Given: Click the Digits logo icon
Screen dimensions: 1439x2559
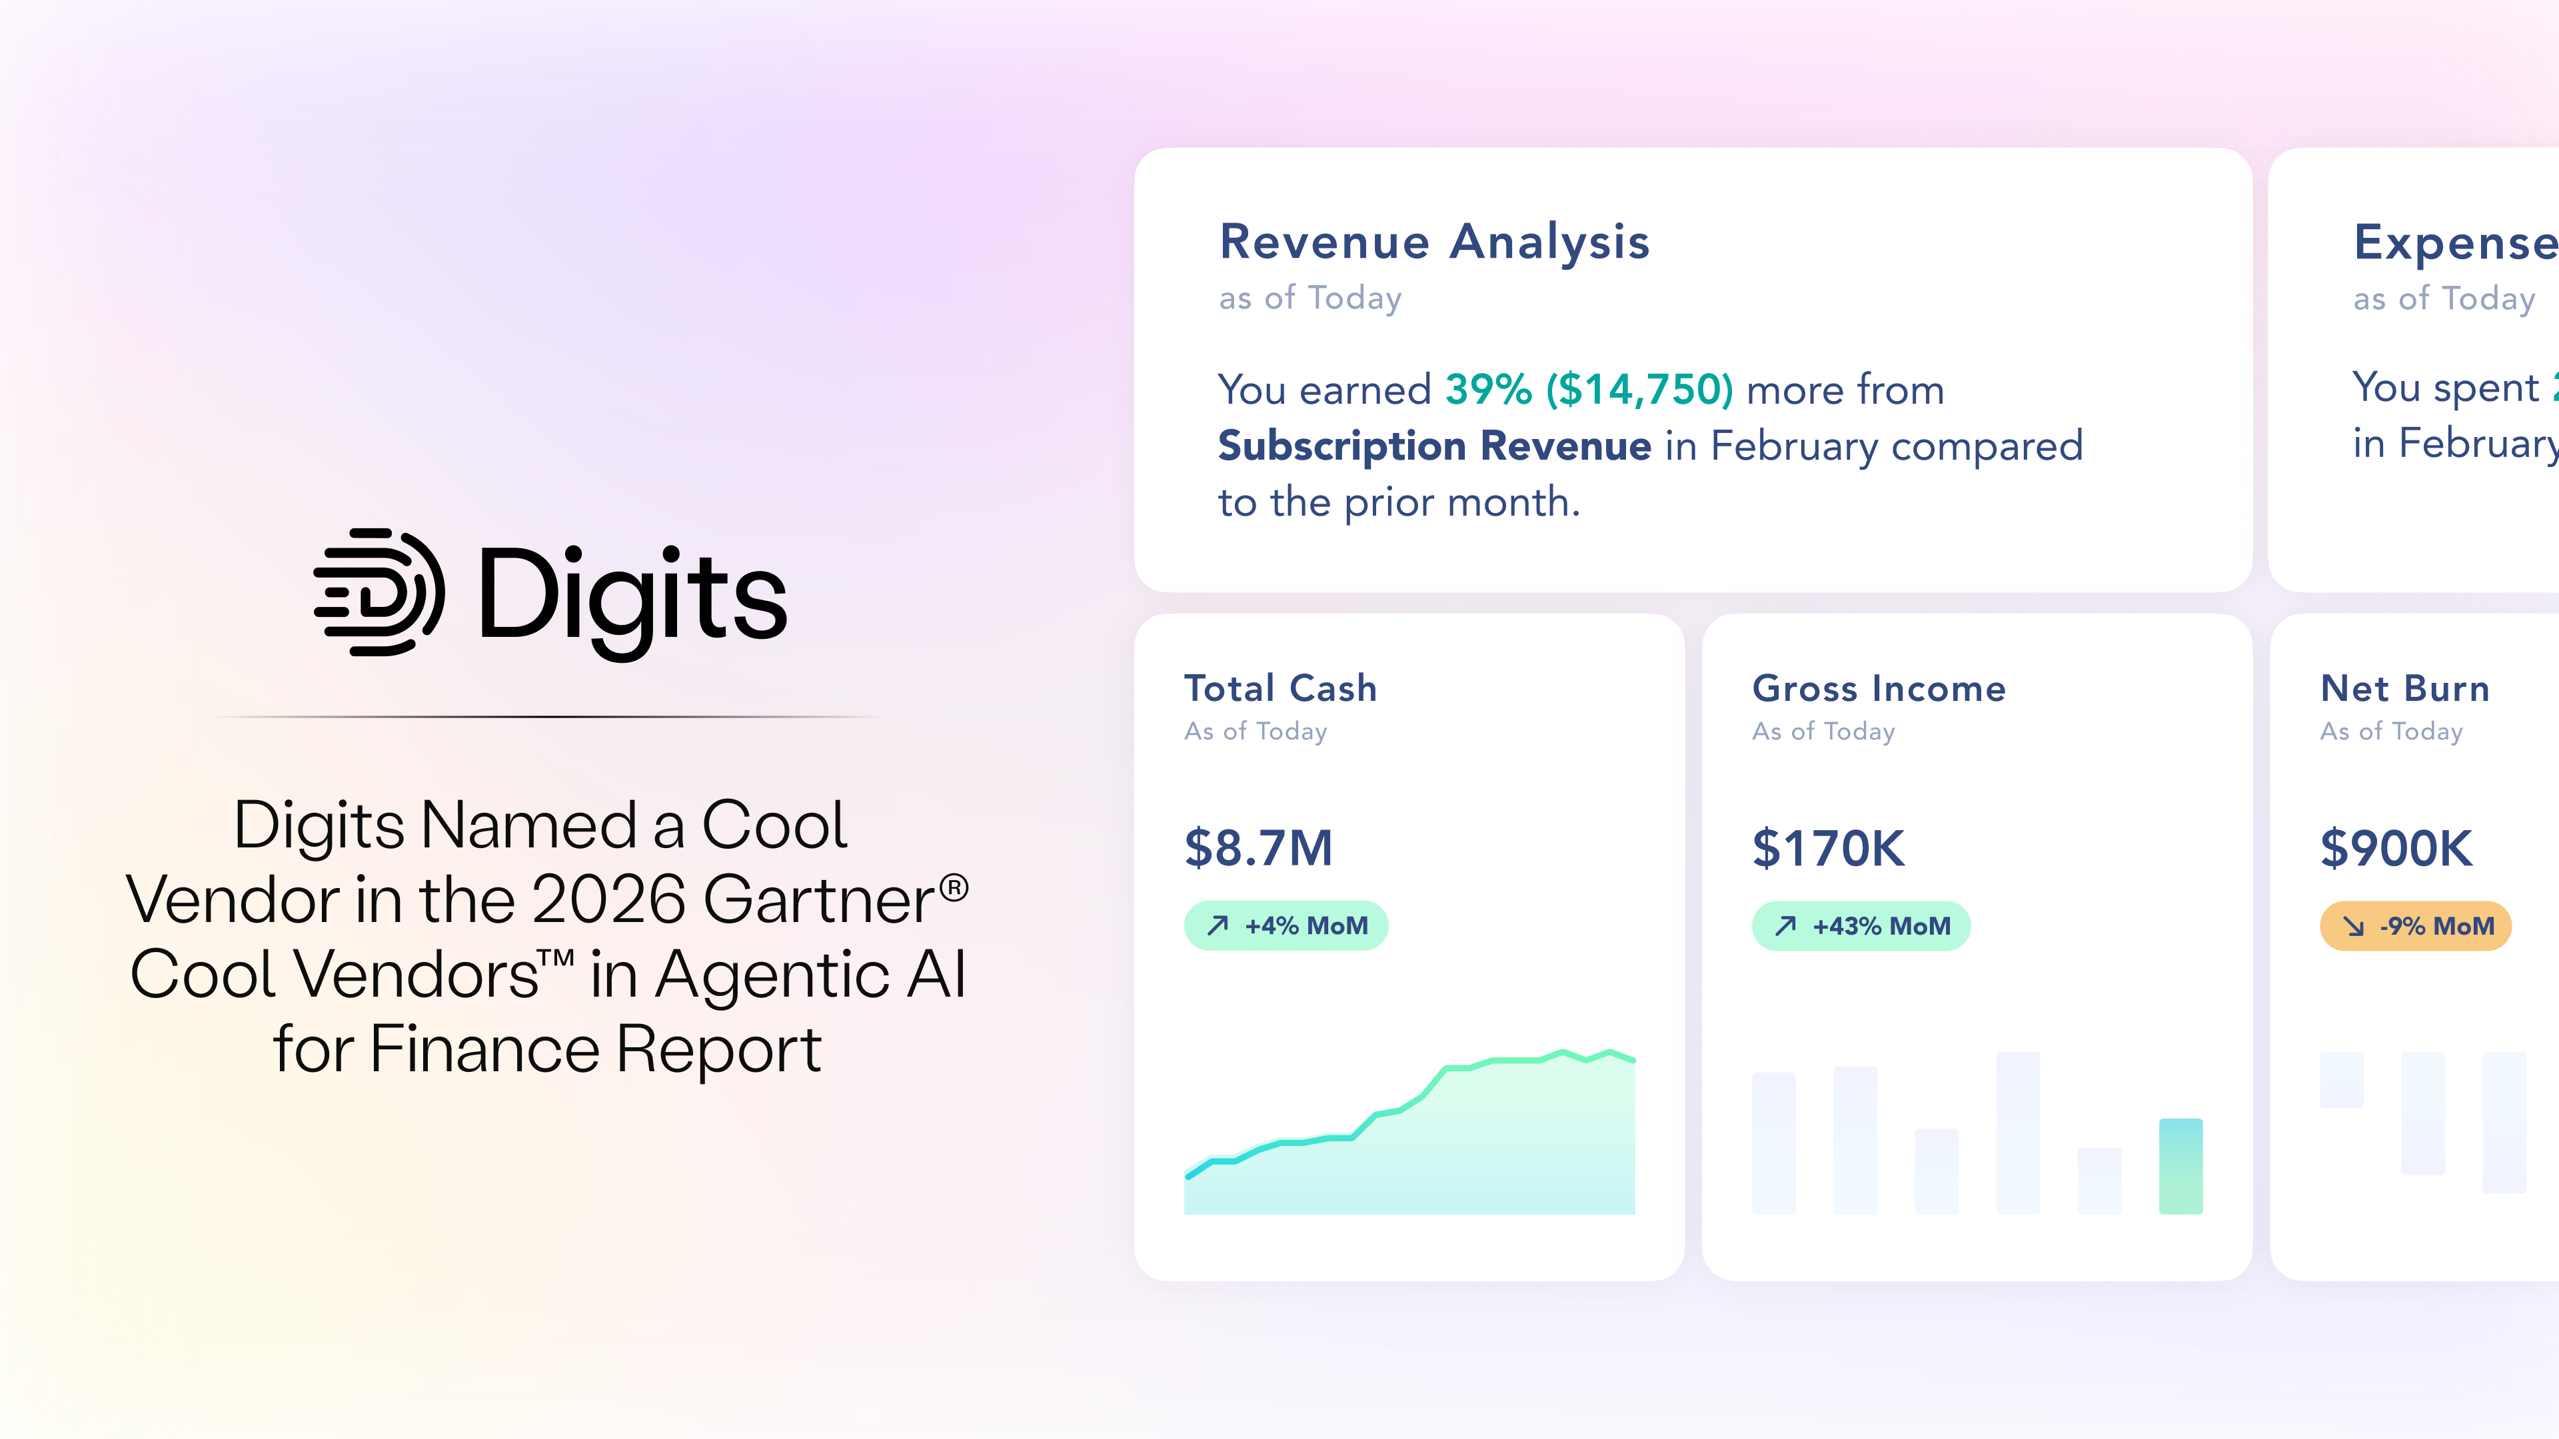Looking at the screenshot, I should (x=379, y=593).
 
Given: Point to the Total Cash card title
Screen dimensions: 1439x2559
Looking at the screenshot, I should (x=1279, y=688).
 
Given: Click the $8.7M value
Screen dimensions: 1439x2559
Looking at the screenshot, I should (x=1258, y=848).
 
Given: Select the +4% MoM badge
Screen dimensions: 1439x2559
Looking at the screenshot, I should (x=1285, y=925).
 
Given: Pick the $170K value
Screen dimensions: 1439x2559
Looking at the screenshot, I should (x=1828, y=848).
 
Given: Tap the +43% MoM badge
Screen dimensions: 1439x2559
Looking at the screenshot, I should (x=1860, y=925).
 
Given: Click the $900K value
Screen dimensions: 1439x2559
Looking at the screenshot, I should (x=2395, y=848).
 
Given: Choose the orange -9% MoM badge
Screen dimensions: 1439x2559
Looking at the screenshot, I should (x=2415, y=925).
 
